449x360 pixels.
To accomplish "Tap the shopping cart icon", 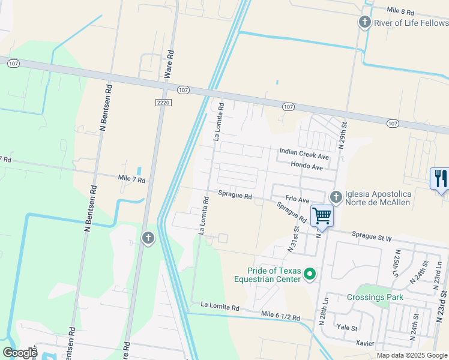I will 322,215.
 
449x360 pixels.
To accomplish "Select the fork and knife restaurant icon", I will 441,178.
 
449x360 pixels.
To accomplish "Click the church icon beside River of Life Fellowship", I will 364,23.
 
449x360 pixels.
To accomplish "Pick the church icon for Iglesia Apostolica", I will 336,196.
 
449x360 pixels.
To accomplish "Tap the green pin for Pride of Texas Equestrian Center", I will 310,275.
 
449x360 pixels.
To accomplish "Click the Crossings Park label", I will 375,297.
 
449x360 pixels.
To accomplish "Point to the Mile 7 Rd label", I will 132,179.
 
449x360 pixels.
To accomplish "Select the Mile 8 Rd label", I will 400,11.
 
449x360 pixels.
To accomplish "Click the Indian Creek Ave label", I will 304,154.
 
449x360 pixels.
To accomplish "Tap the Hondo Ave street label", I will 307,165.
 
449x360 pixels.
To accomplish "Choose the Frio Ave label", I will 297,199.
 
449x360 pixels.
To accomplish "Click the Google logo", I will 20,352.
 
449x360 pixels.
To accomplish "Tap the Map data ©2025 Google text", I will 411,355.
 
